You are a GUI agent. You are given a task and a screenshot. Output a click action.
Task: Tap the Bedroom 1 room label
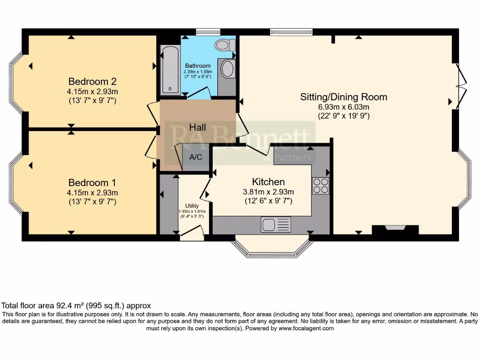[x=92, y=182]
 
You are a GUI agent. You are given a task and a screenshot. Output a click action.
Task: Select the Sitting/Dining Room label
[x=344, y=97]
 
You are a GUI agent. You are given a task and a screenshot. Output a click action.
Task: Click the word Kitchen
[x=268, y=181]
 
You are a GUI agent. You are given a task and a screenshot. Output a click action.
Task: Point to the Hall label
[x=197, y=127]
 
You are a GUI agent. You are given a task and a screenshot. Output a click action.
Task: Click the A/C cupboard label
[x=195, y=157]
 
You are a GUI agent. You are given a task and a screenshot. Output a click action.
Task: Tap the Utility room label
[x=192, y=206]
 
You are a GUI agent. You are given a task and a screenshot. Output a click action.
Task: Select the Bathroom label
[x=198, y=66]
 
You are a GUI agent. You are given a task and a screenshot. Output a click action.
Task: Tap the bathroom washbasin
[x=227, y=69]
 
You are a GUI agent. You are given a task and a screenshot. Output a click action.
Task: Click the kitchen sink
[x=276, y=225]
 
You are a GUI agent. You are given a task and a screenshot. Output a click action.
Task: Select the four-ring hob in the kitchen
[x=321, y=186]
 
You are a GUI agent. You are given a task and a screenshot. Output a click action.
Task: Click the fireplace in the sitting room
[x=395, y=230]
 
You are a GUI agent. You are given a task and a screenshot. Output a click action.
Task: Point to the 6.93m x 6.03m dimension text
[x=344, y=107]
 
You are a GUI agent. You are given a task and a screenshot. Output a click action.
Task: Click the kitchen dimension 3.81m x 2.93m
[x=268, y=192]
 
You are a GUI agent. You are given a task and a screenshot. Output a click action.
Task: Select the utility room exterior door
[x=192, y=233]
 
